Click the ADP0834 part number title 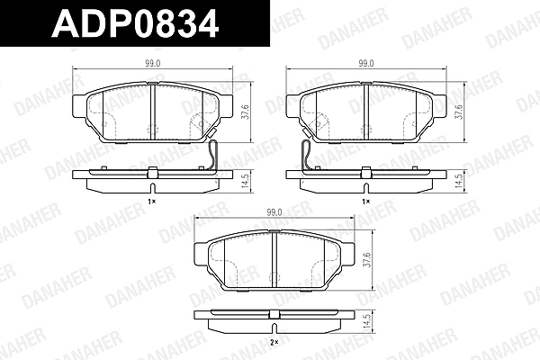coord(135,23)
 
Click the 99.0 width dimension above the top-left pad coord(153,63)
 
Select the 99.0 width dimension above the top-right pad coord(365,63)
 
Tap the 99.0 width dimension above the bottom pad coord(274,212)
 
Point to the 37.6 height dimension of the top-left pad coord(245,112)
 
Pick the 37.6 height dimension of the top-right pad coord(459,112)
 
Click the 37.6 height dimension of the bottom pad coord(367,260)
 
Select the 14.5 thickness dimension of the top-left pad coord(245,181)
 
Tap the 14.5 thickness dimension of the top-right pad coord(459,181)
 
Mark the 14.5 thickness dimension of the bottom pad coord(367,322)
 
